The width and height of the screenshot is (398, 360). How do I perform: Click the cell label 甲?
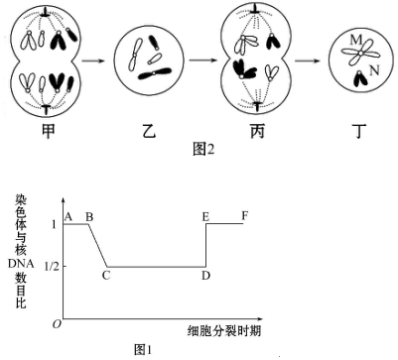pos(48,131)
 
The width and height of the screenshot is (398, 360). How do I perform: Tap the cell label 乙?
pos(149,131)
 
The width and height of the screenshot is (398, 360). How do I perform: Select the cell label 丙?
pos(257,131)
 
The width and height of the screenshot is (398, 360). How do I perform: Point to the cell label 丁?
pos(359,131)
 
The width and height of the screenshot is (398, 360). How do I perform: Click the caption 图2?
pos(203,150)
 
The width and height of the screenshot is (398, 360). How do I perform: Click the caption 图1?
pos(143,350)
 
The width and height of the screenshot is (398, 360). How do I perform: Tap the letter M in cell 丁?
pos(356,41)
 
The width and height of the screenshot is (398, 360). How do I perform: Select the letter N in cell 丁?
pos(374,70)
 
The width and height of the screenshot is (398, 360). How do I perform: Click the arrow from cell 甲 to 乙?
pos(93,60)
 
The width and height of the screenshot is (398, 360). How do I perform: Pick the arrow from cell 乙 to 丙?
pos(202,60)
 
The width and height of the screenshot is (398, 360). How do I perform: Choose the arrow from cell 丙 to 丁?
pos(307,60)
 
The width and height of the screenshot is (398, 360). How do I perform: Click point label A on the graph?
pos(68,217)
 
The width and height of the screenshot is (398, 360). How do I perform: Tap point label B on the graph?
pos(89,217)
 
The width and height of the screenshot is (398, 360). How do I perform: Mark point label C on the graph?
pos(106,275)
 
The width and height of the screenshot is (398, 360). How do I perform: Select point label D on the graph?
pos(205,275)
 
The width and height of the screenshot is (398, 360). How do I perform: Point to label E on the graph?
pos(205,217)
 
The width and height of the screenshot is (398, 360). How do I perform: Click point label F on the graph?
pos(245,216)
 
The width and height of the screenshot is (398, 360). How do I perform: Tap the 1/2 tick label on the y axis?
pos(52,267)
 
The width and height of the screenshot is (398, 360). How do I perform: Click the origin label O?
pos(57,324)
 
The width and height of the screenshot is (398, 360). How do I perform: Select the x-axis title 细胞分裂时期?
pos(224,331)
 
